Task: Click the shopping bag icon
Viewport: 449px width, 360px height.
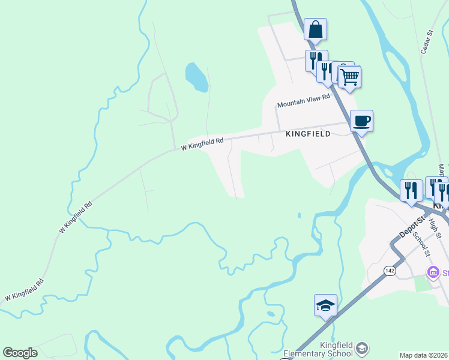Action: point(315,29)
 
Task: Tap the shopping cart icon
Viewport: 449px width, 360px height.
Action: point(349,76)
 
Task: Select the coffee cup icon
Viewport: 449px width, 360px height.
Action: point(361,121)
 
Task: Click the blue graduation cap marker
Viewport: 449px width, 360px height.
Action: point(325,305)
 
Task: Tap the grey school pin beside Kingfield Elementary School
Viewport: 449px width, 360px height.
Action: point(361,348)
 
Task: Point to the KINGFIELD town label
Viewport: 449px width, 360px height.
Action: point(308,134)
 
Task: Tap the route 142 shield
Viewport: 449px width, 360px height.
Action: point(390,271)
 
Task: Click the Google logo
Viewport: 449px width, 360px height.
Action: point(20,353)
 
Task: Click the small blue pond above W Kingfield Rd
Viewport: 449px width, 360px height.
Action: point(196,77)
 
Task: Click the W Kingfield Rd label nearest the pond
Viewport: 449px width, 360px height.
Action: point(202,143)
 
